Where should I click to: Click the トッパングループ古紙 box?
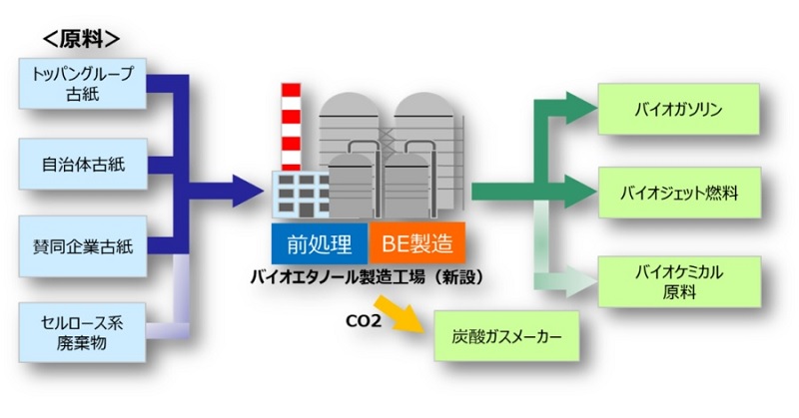(x=83, y=84)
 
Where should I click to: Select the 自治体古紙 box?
(x=83, y=164)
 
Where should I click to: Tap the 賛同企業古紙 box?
(x=83, y=246)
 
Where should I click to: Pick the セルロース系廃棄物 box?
(x=83, y=332)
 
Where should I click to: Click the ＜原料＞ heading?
(x=81, y=40)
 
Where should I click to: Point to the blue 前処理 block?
(x=320, y=243)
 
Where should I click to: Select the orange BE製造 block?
(x=416, y=243)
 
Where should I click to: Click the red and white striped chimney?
(x=291, y=127)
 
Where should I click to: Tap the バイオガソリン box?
(x=679, y=110)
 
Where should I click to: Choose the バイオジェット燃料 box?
(x=679, y=193)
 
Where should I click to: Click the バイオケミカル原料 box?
(x=679, y=282)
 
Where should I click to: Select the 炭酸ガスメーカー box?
(x=506, y=336)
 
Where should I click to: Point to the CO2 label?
(x=364, y=321)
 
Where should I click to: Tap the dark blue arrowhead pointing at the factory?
(x=248, y=191)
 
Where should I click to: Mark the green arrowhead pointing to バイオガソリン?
(x=581, y=108)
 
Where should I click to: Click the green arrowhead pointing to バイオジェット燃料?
(x=581, y=192)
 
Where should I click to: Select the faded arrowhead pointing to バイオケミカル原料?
(x=581, y=281)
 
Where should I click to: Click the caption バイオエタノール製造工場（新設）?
(x=367, y=277)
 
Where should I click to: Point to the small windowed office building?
(x=301, y=194)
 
